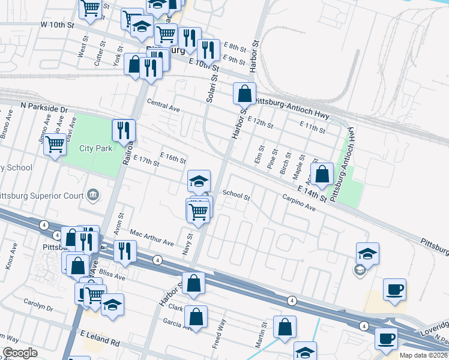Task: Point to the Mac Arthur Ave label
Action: pos(151,238)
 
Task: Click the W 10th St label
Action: pos(57,25)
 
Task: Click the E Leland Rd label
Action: pos(99,341)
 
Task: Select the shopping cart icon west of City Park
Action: pos(55,144)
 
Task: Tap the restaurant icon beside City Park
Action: pos(124,130)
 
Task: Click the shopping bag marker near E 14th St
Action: pos(322,174)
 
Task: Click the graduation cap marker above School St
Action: pos(199,181)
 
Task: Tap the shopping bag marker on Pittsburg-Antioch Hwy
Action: pos(244,94)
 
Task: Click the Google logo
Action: pos(20,353)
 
